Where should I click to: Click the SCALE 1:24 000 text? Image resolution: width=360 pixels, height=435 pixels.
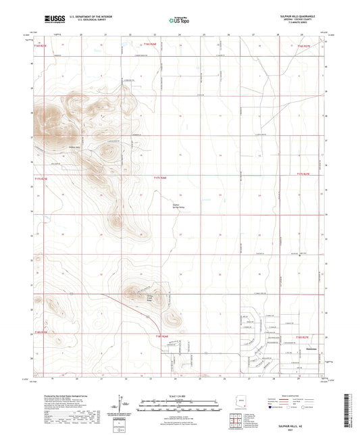click(179, 394)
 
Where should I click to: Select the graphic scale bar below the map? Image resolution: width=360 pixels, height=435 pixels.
click(179, 405)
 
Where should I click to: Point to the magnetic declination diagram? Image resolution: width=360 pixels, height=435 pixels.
click(123, 407)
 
